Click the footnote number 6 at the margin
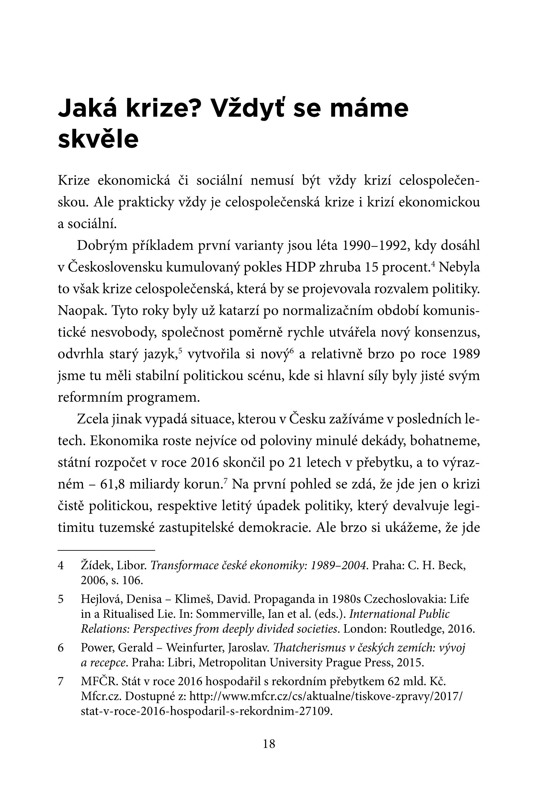click(x=61, y=648)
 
